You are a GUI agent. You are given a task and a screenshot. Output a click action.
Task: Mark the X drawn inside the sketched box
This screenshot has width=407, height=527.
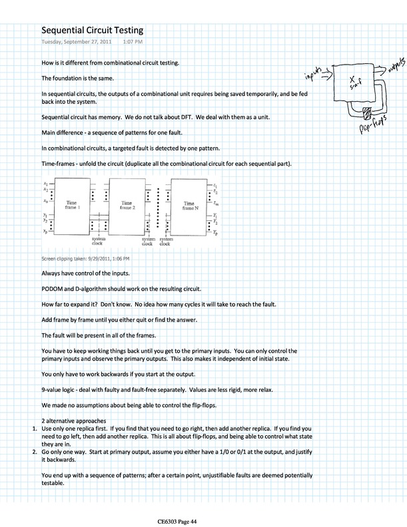(352, 79)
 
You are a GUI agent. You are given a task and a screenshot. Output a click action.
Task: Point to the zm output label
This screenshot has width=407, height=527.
(215, 204)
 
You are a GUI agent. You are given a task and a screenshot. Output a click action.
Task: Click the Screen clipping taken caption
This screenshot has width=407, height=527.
(85, 258)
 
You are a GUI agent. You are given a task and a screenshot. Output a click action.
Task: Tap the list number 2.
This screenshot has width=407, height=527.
(35, 452)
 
